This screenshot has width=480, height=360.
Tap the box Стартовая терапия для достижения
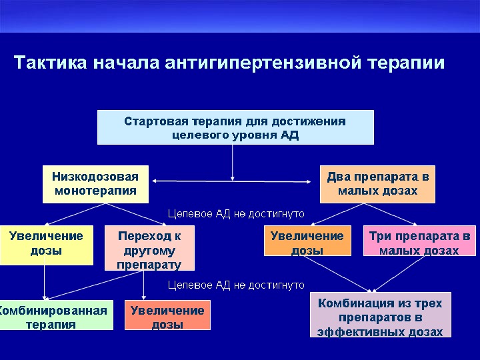pos(235,127)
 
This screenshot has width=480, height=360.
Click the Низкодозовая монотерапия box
pos(95,183)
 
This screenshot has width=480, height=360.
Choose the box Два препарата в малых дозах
pos(377,183)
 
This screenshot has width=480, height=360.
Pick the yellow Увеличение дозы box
pos(46,244)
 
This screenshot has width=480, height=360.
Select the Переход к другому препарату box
pos(149,249)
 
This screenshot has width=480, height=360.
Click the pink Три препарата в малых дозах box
pos(419,243)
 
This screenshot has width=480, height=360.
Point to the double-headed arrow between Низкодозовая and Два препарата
pos(200,181)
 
